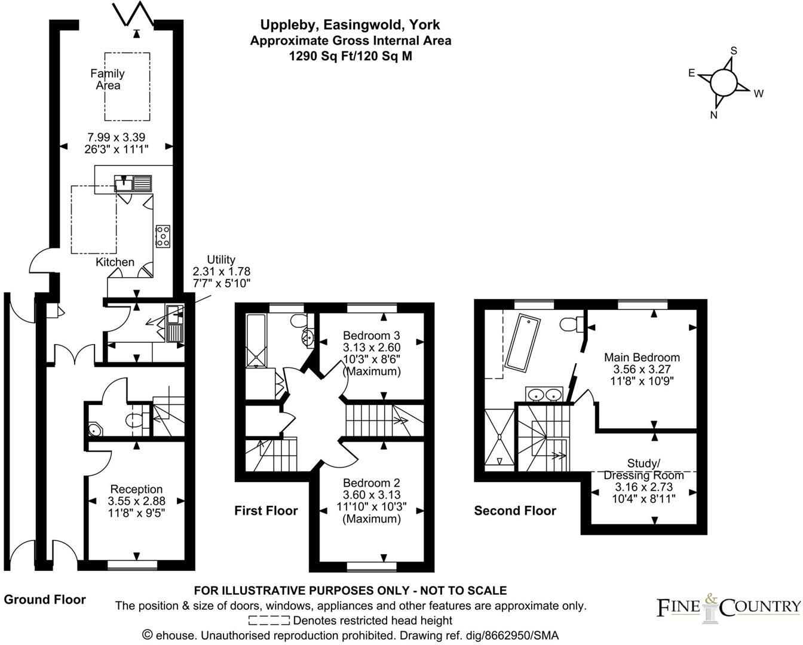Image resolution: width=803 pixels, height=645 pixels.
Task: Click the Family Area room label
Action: (108, 79)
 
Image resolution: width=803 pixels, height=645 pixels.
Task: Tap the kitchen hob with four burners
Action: (163, 236)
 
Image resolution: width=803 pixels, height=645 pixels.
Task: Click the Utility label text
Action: (221, 260)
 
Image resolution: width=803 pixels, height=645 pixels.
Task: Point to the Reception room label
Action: (136, 490)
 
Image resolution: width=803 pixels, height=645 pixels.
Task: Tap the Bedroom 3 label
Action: (371, 336)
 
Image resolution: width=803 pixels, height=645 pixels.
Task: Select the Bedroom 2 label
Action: (371, 483)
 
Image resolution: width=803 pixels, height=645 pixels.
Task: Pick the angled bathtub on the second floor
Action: (523, 343)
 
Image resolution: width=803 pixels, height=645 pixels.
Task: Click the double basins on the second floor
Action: (544, 394)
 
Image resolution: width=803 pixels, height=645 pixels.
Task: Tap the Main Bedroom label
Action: (642, 358)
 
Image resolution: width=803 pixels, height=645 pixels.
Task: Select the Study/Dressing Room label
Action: (643, 469)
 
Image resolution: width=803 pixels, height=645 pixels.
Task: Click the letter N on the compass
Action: (713, 115)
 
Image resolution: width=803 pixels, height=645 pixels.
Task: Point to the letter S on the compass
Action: (734, 51)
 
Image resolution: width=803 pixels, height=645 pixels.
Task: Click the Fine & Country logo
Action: (728, 606)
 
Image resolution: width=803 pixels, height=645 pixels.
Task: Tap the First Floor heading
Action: (266, 511)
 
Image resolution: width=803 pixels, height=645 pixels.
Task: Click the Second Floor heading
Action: (515, 511)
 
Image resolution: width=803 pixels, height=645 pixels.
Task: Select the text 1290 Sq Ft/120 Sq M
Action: (350, 56)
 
